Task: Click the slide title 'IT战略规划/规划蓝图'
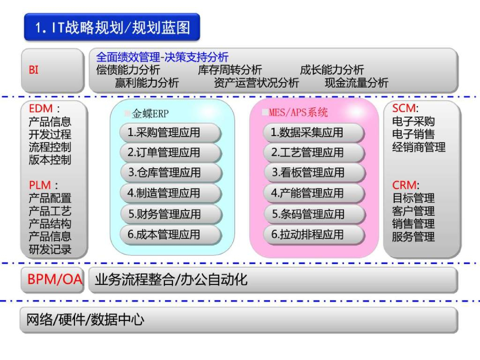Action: [x=112, y=28]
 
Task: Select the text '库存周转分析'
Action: [x=230, y=70]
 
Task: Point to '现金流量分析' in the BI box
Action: [x=356, y=83]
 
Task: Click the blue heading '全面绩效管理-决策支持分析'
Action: [x=162, y=57]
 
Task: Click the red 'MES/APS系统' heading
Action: [x=298, y=112]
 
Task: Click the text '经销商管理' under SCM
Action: [x=419, y=147]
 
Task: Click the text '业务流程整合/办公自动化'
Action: [x=171, y=280]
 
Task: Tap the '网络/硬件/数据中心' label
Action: [x=84, y=320]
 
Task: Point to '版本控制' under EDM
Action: [x=50, y=160]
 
